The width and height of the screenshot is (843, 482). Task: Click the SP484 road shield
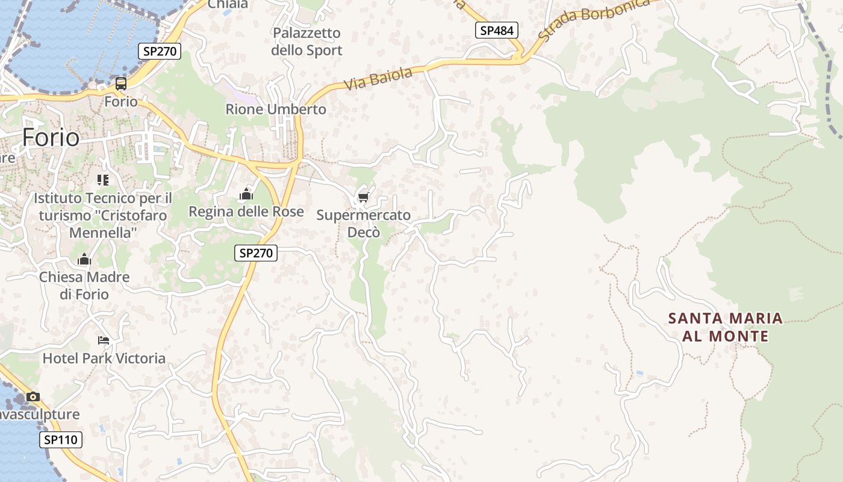497,30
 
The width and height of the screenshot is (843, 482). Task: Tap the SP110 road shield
61,440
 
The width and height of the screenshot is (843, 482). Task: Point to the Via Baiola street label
378,79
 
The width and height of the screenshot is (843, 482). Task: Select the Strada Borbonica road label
593,19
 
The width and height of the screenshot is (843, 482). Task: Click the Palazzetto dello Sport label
306,42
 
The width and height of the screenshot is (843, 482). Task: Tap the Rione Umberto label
276,109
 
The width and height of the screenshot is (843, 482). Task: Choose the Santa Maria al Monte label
726,327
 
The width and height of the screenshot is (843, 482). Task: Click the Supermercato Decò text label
364,223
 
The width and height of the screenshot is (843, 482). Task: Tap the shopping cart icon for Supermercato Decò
363,197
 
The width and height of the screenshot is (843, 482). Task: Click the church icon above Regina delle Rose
246,194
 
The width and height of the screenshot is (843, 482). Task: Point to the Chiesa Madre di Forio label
84,286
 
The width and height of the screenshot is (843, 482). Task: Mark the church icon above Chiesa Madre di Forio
84,260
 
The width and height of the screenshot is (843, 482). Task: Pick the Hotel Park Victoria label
104,358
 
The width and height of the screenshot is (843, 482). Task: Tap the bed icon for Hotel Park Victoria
104,340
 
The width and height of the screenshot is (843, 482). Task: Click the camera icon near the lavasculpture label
33,396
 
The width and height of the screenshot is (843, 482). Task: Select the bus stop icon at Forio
121,84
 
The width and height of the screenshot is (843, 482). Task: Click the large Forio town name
51,137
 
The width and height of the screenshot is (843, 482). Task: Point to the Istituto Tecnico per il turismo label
102,215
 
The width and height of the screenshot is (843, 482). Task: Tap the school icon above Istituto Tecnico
102,180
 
